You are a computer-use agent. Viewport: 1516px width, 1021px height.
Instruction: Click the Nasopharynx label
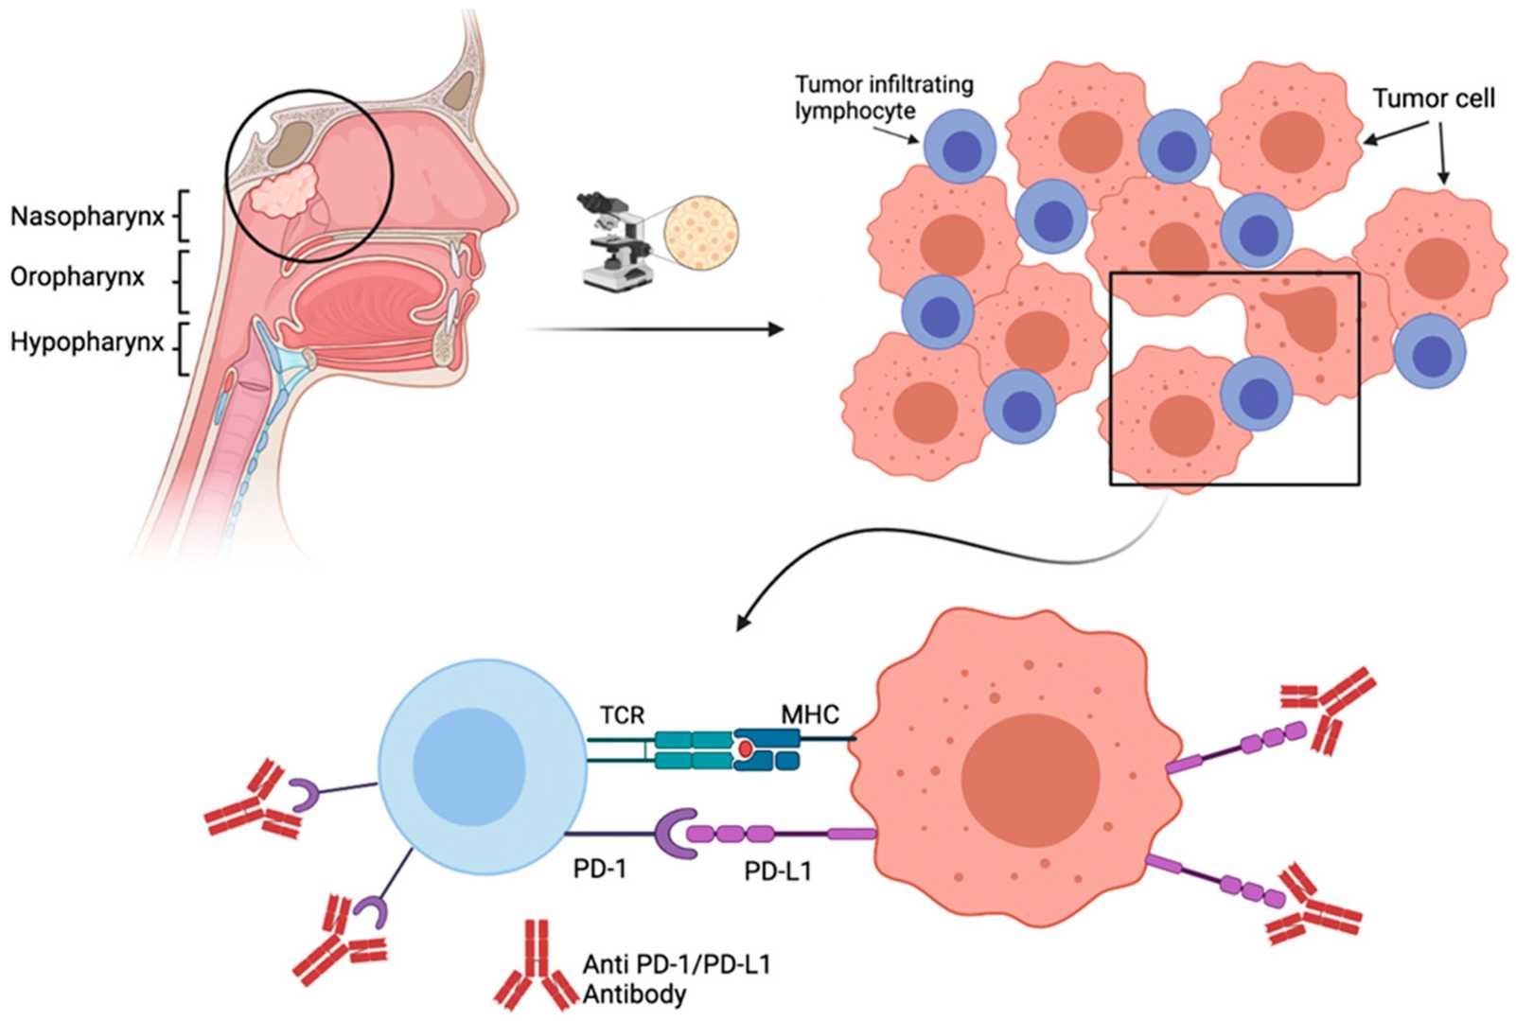(87, 217)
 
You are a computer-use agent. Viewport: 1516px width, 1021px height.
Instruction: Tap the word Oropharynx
(78, 277)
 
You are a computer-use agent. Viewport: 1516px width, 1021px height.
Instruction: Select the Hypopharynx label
(87, 342)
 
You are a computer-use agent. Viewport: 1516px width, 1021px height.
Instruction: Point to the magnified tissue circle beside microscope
(701, 232)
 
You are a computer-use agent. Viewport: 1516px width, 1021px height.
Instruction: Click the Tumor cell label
(1433, 98)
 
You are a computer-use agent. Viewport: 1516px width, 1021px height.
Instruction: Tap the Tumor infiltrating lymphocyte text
(883, 97)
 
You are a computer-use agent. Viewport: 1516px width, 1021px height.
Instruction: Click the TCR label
(622, 714)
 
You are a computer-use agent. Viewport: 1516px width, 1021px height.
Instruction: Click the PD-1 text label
(600, 868)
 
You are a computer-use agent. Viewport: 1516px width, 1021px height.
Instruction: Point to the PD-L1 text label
(777, 871)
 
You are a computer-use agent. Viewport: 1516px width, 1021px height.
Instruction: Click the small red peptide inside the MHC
(746, 749)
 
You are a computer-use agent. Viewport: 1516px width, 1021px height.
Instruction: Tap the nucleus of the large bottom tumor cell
(1030, 778)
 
